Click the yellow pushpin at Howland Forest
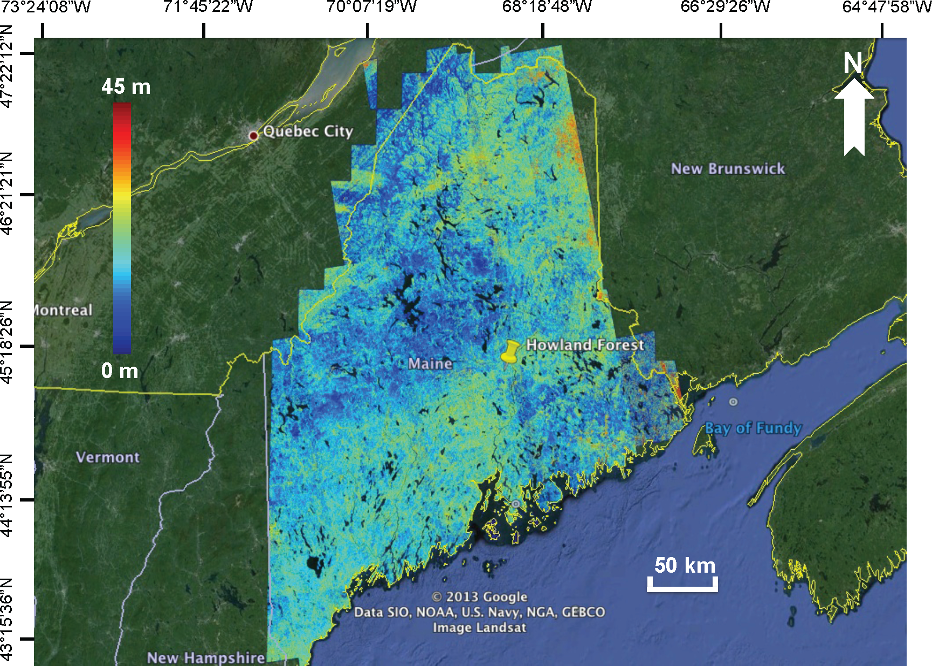pyautogui.click(x=509, y=351)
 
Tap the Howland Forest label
pyautogui.click(x=585, y=345)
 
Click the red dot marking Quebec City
pyautogui.click(x=253, y=135)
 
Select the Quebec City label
pyautogui.click(x=308, y=131)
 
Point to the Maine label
pyautogui.click(x=430, y=363)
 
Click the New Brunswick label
pyautogui.click(x=728, y=169)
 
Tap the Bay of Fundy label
pyautogui.click(x=753, y=428)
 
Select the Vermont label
pyautogui.click(x=108, y=457)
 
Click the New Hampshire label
pyautogui.click(x=206, y=657)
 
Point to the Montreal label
pyautogui.click(x=63, y=310)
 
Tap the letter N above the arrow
pyautogui.click(x=853, y=63)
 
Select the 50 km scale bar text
pyautogui.click(x=685, y=565)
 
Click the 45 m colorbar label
pyautogui.click(x=126, y=86)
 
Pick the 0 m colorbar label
pyautogui.click(x=120, y=370)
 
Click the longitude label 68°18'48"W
pyautogui.click(x=547, y=7)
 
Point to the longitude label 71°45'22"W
pyautogui.click(x=208, y=7)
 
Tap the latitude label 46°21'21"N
pyautogui.click(x=7, y=194)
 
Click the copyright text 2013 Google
pyautogui.click(x=479, y=596)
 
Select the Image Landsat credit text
pyautogui.click(x=479, y=627)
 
